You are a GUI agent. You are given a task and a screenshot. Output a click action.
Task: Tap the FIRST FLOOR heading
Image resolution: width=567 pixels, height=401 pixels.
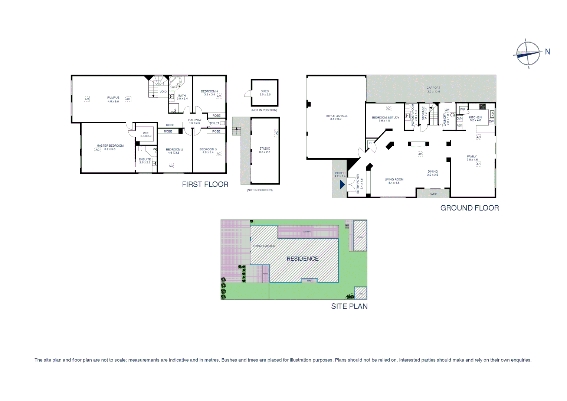click(x=205, y=185)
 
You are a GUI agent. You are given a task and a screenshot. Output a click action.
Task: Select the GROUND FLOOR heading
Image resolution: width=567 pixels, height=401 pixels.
click(x=469, y=208)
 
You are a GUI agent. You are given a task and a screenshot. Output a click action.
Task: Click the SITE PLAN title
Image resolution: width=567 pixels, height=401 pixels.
click(x=349, y=306)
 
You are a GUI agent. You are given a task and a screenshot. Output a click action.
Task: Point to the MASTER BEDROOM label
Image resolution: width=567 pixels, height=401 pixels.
click(x=110, y=146)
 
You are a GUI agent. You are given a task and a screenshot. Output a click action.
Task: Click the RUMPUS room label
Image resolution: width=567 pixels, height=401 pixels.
click(x=113, y=98)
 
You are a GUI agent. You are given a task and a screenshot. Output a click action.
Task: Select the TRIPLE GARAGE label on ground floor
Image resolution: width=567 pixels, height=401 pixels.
click(x=336, y=116)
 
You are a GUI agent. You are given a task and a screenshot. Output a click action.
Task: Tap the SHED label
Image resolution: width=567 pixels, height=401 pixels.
click(x=265, y=91)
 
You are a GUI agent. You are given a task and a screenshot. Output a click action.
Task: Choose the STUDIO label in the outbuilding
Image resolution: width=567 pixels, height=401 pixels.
click(x=265, y=149)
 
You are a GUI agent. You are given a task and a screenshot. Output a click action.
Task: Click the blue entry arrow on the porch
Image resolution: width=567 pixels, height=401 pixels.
click(x=342, y=184)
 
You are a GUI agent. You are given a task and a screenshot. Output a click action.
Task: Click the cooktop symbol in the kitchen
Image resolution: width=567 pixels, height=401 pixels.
click(x=482, y=107)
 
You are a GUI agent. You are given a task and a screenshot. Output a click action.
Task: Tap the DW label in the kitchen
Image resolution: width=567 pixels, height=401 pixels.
click(x=491, y=121)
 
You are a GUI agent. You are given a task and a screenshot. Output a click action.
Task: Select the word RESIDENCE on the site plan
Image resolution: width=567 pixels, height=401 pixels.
click(x=302, y=259)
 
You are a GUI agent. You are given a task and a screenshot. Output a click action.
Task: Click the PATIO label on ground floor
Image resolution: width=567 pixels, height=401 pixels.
click(x=433, y=194)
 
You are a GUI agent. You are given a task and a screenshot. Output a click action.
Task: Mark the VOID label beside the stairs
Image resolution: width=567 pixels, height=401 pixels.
click(x=163, y=92)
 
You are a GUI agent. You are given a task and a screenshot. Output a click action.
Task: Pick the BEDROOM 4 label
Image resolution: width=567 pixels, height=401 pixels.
click(x=209, y=91)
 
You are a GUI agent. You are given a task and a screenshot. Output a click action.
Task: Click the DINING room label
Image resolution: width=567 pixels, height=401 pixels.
click(x=432, y=172)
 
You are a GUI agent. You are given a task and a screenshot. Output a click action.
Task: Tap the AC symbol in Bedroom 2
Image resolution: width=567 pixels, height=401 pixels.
click(x=171, y=166)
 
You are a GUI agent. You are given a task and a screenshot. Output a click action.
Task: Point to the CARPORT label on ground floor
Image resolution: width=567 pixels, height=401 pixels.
click(x=433, y=88)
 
